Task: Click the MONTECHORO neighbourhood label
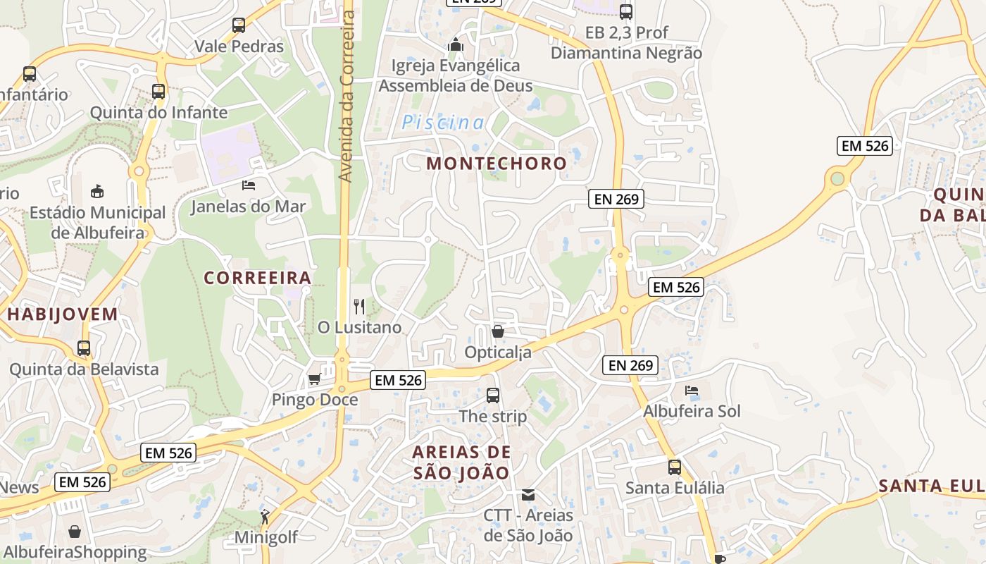497,164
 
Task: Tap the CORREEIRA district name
258,278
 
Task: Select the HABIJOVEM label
63,314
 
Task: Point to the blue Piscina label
443,123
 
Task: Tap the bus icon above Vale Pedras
239,25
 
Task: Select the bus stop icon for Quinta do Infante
158,91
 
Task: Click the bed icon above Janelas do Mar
249,185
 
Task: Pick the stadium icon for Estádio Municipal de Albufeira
97,191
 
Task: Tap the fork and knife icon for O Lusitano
359,306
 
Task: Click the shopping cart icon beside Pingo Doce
314,379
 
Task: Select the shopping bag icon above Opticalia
498,331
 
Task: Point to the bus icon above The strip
493,396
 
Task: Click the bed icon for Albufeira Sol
692,391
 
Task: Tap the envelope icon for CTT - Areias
528,495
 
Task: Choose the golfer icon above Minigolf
265,517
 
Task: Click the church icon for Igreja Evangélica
456,45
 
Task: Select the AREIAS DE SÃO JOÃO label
461,462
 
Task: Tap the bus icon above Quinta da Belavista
84,348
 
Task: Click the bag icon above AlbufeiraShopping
75,532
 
